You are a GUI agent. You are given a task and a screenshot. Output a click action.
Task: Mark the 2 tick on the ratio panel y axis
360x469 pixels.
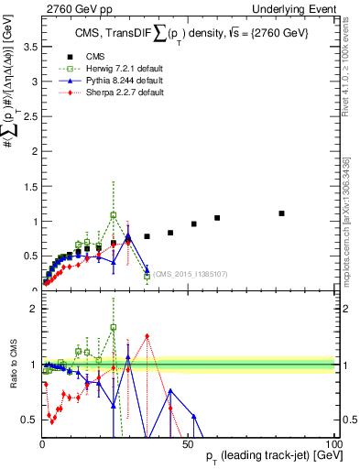pos(32,309)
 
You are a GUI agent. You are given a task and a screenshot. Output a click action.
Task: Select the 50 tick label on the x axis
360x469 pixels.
pos(188,442)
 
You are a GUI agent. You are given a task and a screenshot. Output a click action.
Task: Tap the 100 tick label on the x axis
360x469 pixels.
pos(333,442)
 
